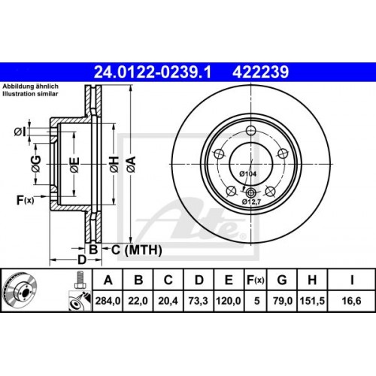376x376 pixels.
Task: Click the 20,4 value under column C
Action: point(169,302)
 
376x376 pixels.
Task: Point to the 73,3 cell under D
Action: point(198,302)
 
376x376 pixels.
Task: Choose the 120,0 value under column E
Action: point(227,302)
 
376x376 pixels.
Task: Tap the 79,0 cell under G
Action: point(280,302)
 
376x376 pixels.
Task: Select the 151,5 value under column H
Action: point(311,302)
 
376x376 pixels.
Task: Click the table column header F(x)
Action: point(255,280)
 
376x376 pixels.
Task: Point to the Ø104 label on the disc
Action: point(248,174)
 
